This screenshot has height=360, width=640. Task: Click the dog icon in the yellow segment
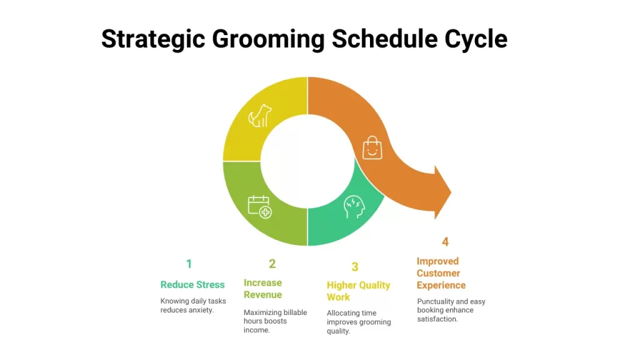click(x=260, y=116)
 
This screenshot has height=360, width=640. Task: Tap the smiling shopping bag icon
click(x=372, y=147)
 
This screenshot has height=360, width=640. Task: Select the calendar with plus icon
click(x=259, y=206)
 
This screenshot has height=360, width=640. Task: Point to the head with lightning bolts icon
click(x=354, y=207)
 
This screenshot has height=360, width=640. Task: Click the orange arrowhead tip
click(x=451, y=192)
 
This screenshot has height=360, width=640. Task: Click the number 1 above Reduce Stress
click(x=189, y=264)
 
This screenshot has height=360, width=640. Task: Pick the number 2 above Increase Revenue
click(x=272, y=264)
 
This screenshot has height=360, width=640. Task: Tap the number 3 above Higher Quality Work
click(x=355, y=267)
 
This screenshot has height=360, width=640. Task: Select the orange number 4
click(x=445, y=242)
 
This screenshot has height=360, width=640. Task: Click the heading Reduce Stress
click(x=192, y=284)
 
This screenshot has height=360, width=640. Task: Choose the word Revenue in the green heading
click(x=263, y=295)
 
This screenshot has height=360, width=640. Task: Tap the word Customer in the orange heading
click(x=438, y=273)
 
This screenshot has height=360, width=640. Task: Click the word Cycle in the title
click(x=476, y=39)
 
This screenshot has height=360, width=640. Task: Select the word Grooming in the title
click(x=268, y=39)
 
